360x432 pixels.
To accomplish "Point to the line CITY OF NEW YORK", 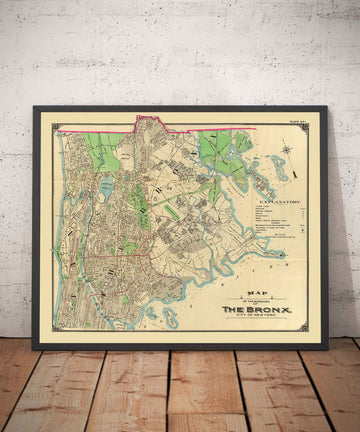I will pos(255,315).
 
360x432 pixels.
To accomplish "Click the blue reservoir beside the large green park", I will pos(107,186).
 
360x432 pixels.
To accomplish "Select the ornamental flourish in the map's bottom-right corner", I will pos(306,328).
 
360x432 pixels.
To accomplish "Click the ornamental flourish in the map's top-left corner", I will pos(57,127).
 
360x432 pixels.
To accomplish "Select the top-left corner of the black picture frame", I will pos(34,107).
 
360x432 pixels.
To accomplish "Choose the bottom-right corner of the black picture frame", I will pos(328,348).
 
